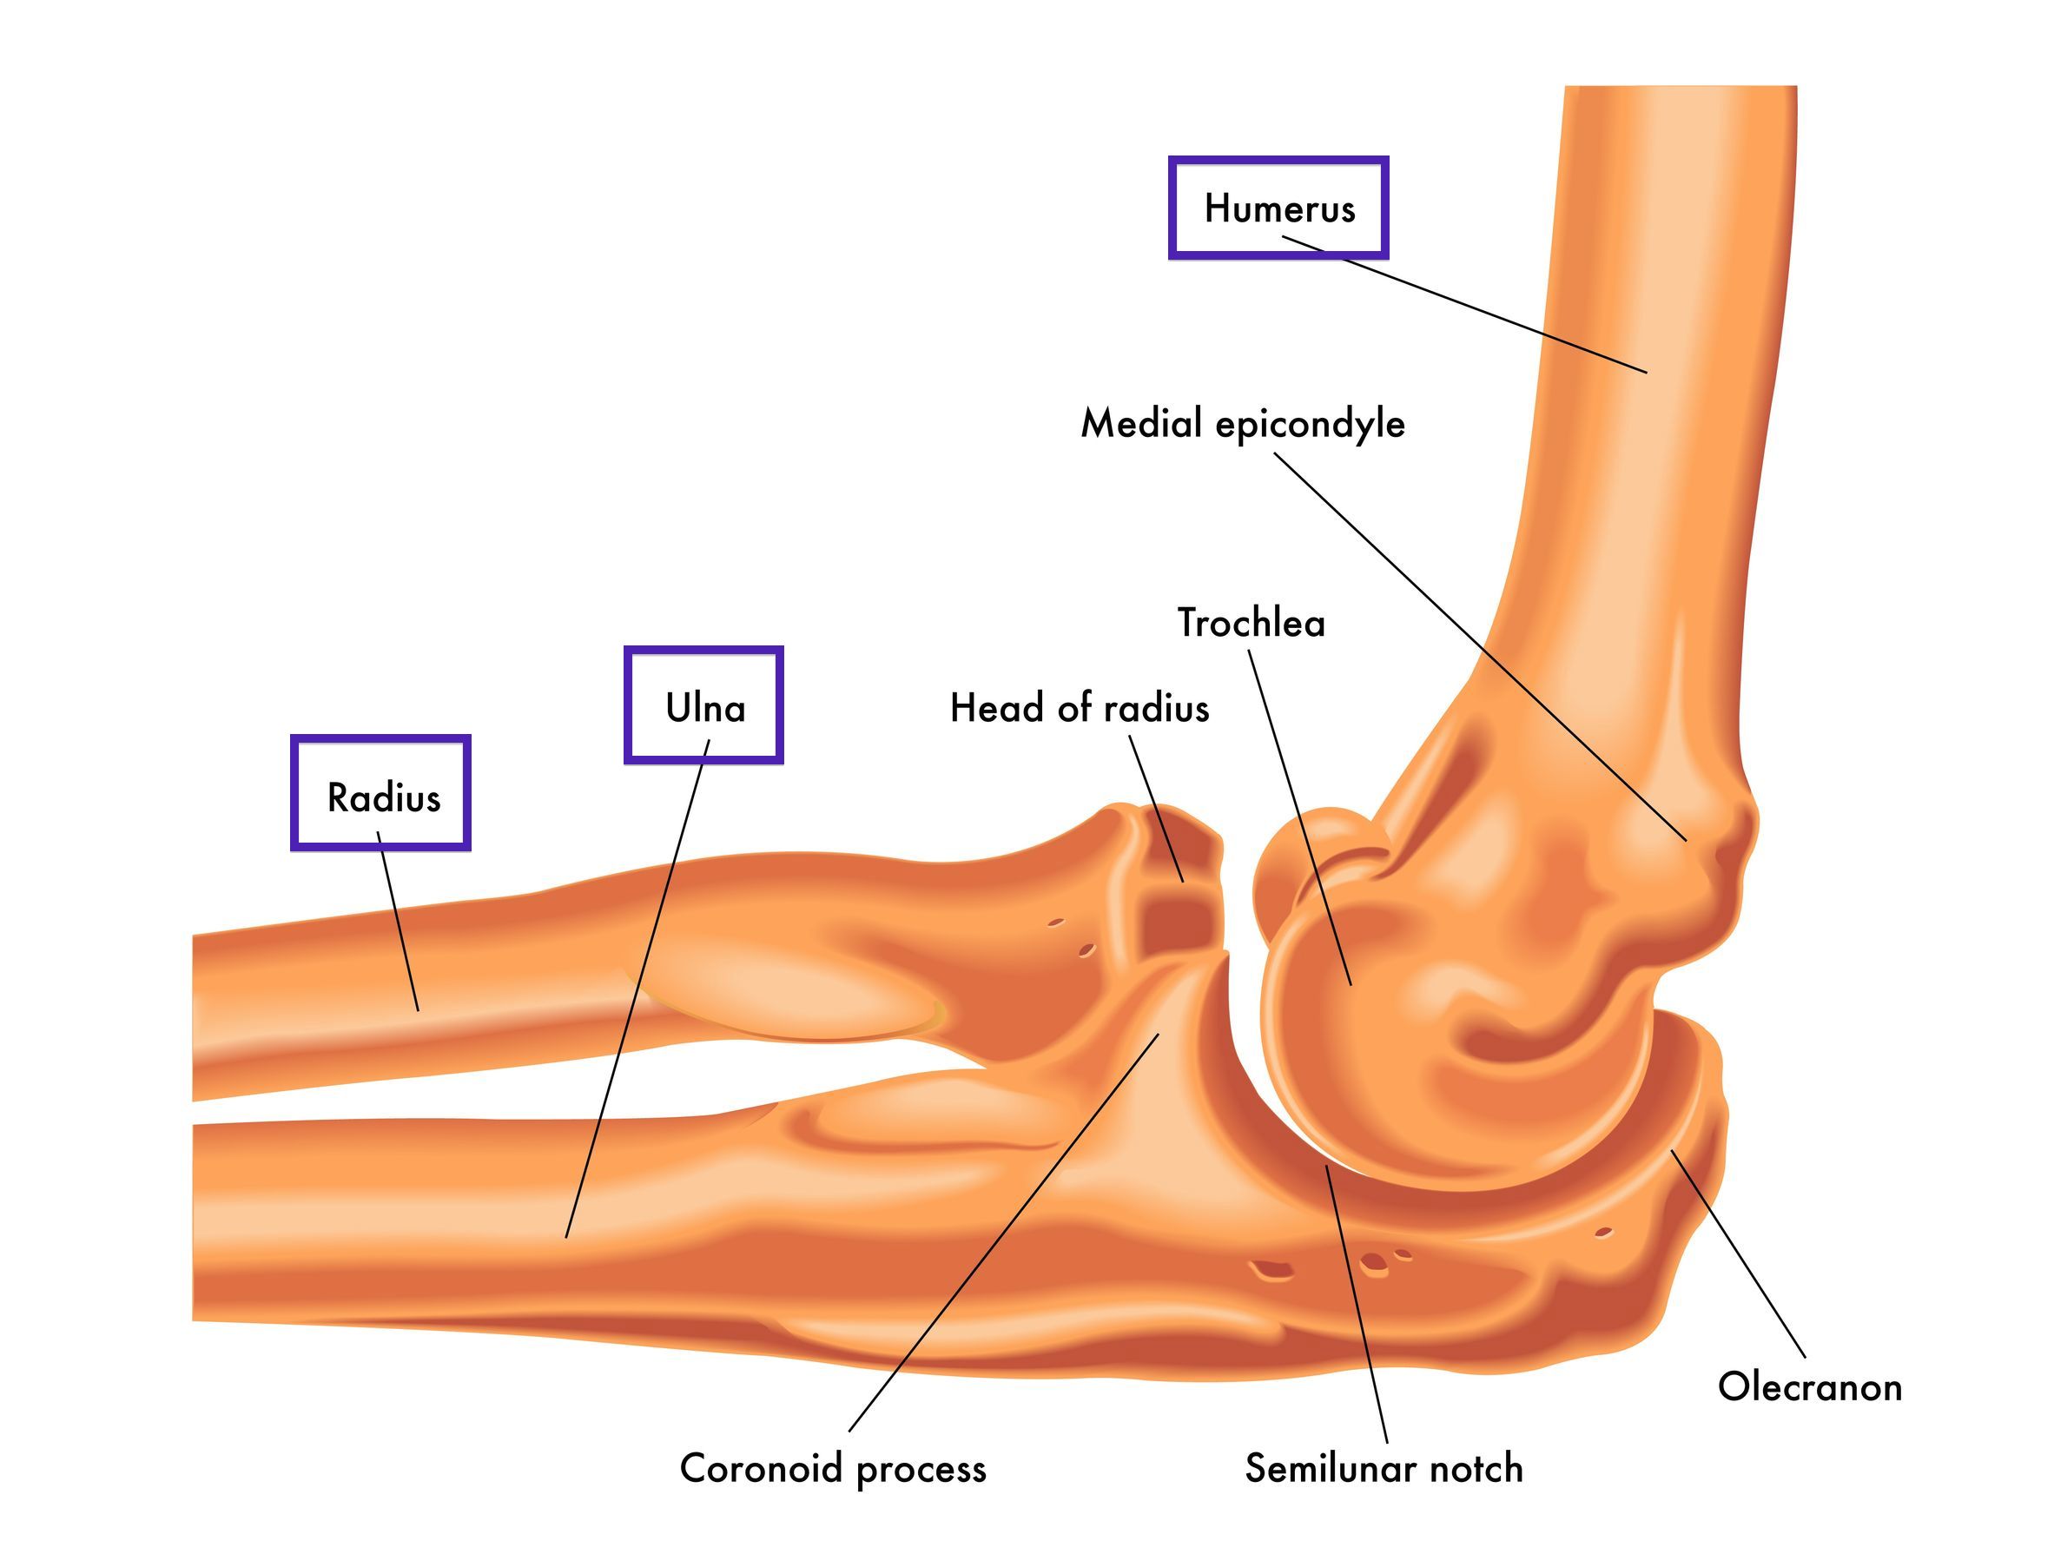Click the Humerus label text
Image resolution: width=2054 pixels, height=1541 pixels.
(x=1279, y=208)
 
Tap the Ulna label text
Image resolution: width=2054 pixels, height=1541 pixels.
(x=704, y=708)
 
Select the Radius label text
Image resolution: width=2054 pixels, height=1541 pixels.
(x=384, y=797)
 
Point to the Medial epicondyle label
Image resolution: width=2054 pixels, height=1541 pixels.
(x=1243, y=425)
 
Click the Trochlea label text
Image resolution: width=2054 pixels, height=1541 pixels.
(x=1251, y=622)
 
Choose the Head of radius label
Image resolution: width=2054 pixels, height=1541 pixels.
(x=1079, y=708)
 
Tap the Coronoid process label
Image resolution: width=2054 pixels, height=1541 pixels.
(x=833, y=1470)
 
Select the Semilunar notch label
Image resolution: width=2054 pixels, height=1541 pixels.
(x=1384, y=1468)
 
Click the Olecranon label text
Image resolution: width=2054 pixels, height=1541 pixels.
(x=1810, y=1386)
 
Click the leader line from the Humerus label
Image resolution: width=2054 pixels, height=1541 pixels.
(x=1464, y=305)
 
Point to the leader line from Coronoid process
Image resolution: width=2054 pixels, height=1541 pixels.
(x=1004, y=1233)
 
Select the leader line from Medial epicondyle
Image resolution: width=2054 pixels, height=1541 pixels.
(x=1480, y=646)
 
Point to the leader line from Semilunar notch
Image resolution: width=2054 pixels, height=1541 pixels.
(x=1357, y=1304)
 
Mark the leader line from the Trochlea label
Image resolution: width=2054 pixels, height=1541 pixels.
(x=1300, y=817)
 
